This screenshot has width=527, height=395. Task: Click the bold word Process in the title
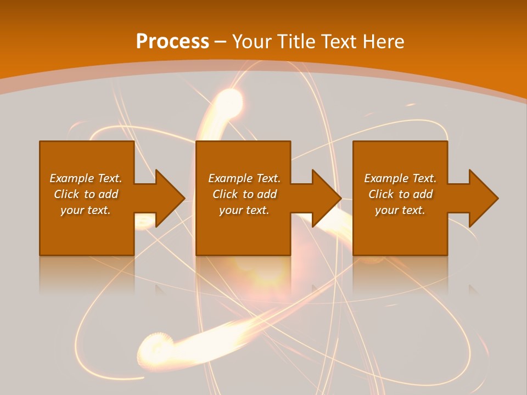(172, 42)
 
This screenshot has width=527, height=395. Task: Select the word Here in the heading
(383, 42)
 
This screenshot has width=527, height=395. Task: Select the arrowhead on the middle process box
(325, 198)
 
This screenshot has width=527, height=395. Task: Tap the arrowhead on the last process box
(482, 198)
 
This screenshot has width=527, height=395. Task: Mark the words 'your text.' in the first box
(86, 210)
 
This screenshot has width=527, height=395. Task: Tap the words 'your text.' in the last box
(400, 210)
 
